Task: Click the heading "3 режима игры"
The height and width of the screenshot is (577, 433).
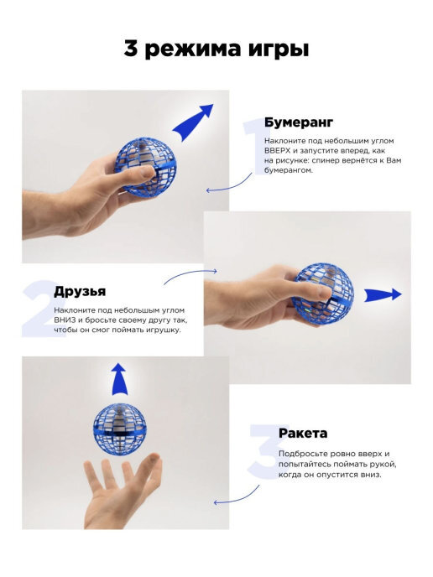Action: (x=216, y=49)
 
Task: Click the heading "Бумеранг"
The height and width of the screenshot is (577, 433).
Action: (x=299, y=122)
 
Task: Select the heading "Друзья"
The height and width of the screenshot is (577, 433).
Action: (x=80, y=292)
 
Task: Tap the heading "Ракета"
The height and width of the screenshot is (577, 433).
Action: (x=303, y=433)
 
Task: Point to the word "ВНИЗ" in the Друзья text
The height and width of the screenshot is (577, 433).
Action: (x=64, y=320)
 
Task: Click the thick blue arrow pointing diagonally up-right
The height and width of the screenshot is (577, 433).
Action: (x=192, y=122)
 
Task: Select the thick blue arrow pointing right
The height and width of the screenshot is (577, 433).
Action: (x=383, y=294)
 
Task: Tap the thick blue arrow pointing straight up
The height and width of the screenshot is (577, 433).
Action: (x=119, y=379)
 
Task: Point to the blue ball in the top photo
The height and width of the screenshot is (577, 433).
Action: (x=146, y=166)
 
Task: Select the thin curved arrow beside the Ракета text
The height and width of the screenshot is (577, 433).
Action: (x=238, y=497)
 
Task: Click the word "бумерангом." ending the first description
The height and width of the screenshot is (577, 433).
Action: (x=289, y=171)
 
